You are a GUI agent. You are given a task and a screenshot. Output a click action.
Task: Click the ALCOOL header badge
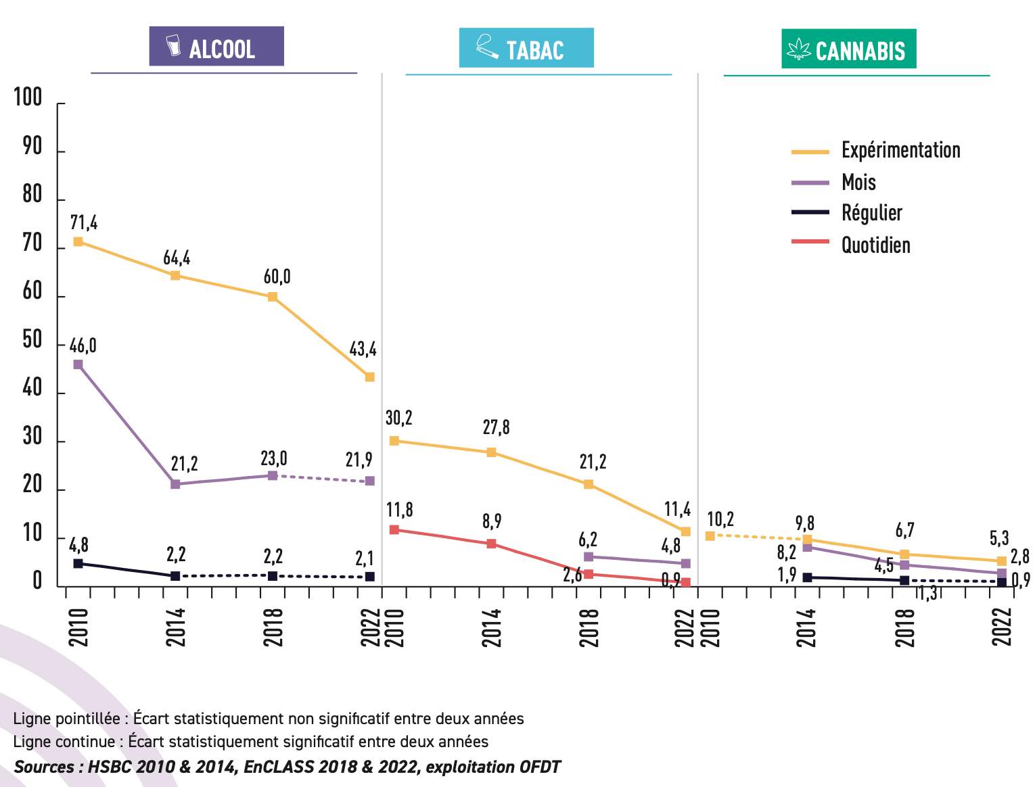click(216, 47)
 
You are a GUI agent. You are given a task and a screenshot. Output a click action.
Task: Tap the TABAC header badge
click(526, 48)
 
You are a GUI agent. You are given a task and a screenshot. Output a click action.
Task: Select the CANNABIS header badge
click(848, 49)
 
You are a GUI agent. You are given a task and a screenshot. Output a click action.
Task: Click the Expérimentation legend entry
click(900, 150)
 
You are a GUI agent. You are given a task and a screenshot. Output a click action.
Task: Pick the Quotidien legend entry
click(875, 245)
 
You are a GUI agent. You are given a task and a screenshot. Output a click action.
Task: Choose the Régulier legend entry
click(871, 213)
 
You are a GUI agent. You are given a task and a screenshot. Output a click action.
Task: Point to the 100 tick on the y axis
click(28, 98)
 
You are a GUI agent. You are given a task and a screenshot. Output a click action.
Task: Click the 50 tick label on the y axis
click(32, 340)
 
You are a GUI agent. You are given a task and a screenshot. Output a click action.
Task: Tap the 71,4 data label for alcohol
click(84, 222)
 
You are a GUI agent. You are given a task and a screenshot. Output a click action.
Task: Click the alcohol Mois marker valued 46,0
click(78, 364)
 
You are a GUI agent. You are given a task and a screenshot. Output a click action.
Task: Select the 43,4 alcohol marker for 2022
click(370, 377)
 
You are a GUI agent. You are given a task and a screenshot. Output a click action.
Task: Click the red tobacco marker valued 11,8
click(394, 529)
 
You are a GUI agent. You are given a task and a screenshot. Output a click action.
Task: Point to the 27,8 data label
click(496, 427)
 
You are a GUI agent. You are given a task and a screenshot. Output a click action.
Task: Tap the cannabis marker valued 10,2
click(710, 536)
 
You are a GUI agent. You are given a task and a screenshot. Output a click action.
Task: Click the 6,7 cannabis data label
click(904, 530)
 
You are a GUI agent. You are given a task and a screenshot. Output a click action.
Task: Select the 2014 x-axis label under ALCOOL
click(175, 627)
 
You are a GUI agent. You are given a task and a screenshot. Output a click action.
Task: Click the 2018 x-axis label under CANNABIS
click(904, 627)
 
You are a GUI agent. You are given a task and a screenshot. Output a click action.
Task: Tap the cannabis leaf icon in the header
click(799, 50)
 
